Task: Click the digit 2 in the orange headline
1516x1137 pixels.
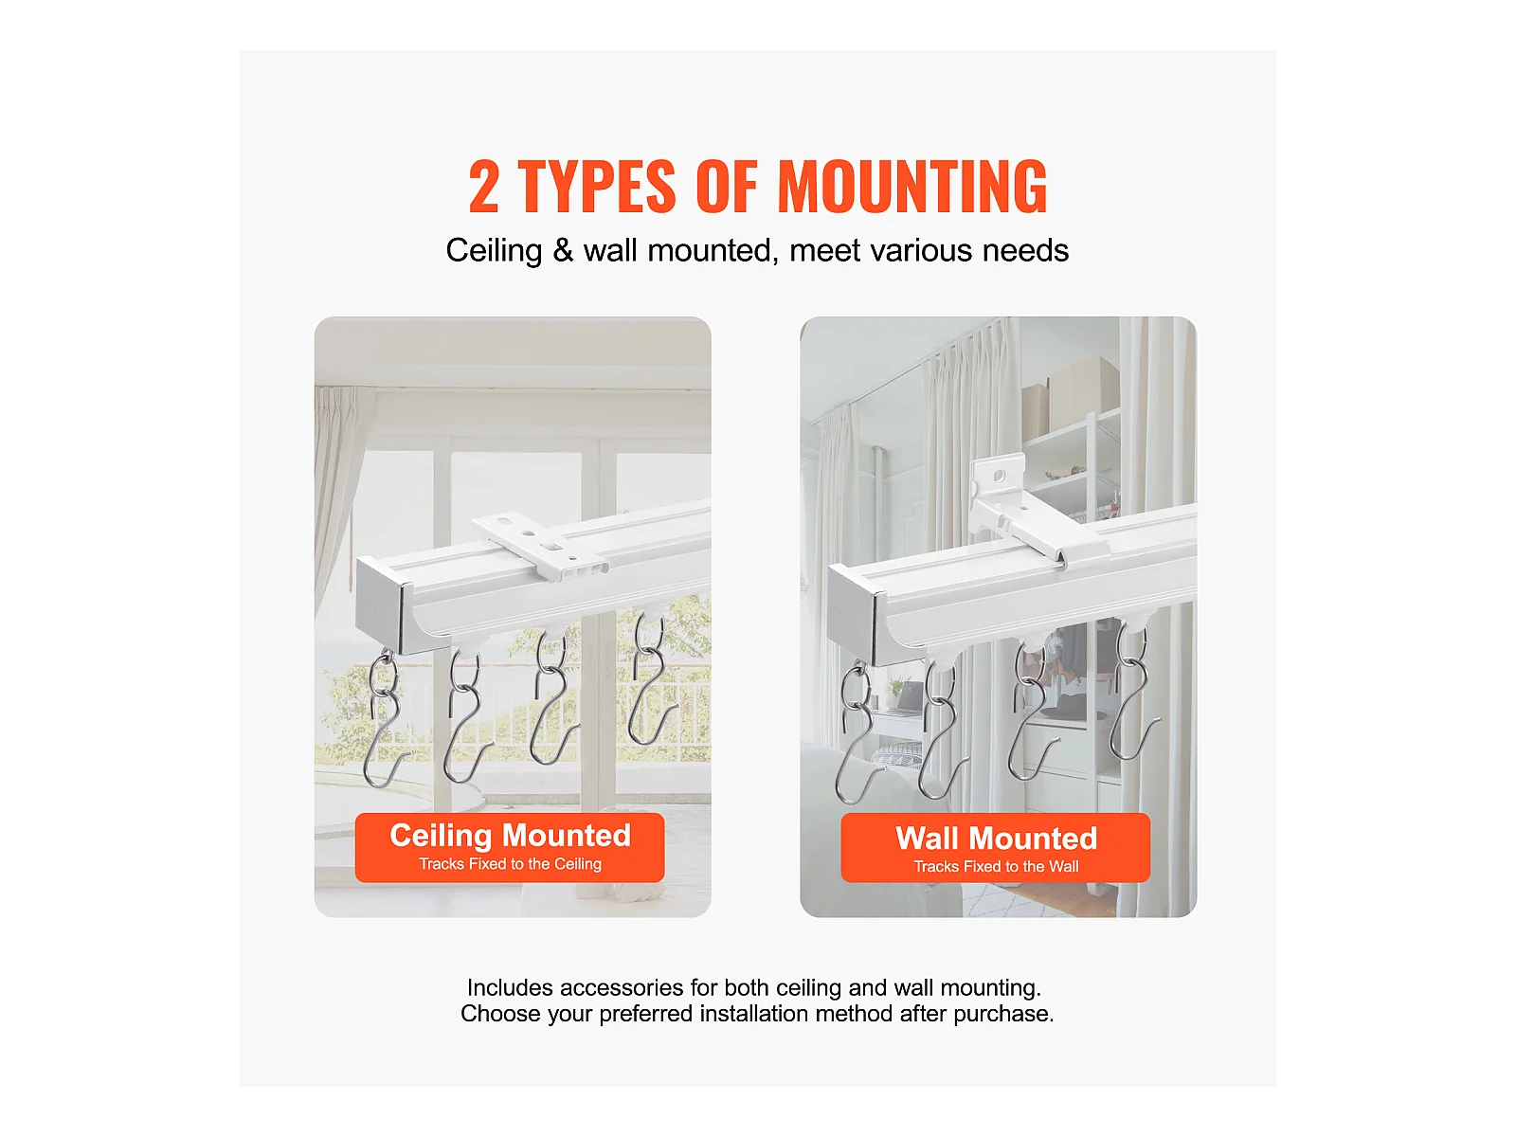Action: [483, 187]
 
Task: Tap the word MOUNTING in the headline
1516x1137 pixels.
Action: [912, 187]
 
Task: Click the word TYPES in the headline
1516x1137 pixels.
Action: [597, 187]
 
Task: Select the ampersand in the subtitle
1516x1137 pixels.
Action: [563, 250]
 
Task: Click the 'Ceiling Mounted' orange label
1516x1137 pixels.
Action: [510, 847]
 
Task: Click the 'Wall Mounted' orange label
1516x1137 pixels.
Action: [995, 847]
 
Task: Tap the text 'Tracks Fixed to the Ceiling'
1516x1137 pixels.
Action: [510, 863]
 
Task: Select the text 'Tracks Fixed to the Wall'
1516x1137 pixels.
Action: [996, 866]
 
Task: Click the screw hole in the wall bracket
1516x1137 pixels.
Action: [999, 477]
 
